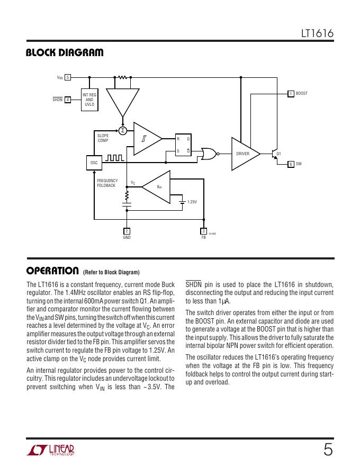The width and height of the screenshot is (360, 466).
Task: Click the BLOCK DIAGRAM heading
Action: click(x=65, y=52)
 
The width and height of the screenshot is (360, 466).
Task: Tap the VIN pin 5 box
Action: click(x=68, y=77)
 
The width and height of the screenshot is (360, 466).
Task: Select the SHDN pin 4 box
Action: click(x=68, y=100)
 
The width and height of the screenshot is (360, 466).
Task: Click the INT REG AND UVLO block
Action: click(x=89, y=100)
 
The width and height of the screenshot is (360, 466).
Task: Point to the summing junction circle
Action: click(x=123, y=130)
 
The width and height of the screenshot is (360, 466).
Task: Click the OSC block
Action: click(x=94, y=162)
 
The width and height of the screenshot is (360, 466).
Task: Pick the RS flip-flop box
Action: click(x=183, y=145)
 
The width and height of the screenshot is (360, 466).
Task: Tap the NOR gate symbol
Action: click(x=208, y=154)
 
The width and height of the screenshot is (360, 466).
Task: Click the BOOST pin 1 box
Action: click(x=291, y=94)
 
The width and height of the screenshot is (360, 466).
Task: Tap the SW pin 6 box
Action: click(x=291, y=164)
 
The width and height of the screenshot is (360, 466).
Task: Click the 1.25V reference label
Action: click(x=192, y=202)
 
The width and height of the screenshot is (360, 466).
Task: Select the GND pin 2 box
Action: click(x=127, y=231)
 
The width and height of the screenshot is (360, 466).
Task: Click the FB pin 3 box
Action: click(x=203, y=231)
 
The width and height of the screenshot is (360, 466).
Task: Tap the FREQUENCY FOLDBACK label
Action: click(x=107, y=183)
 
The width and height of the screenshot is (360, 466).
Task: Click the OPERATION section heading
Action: click(x=52, y=271)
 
